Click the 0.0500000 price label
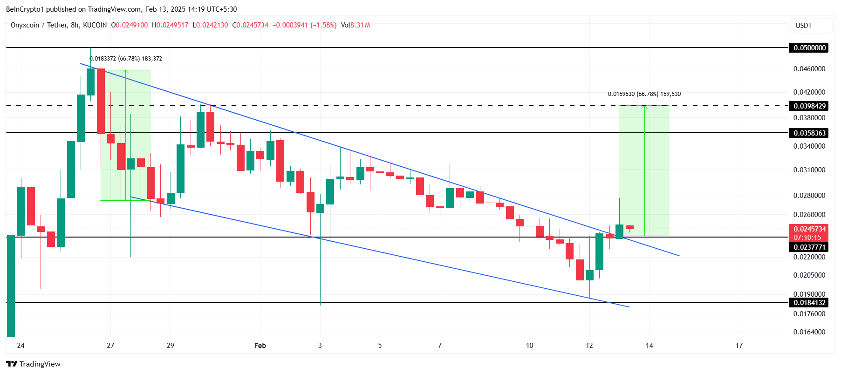tap(809, 48)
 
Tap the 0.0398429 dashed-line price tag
tap(809, 106)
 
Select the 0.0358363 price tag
tap(809, 133)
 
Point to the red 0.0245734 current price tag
tap(809, 229)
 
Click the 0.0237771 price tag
tap(809, 247)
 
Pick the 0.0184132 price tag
tap(809, 303)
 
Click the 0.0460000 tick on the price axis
tap(809, 69)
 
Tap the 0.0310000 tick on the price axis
tap(809, 170)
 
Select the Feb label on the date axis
tap(260, 346)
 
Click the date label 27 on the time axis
tap(110, 346)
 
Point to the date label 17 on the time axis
tap(739, 346)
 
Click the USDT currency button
tap(811, 26)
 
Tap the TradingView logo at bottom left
tap(34, 364)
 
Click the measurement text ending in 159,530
tap(644, 94)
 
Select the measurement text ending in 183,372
tap(126, 59)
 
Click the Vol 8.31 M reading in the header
tap(355, 25)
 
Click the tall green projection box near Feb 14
tap(644, 170)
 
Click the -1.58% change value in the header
tap(324, 25)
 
